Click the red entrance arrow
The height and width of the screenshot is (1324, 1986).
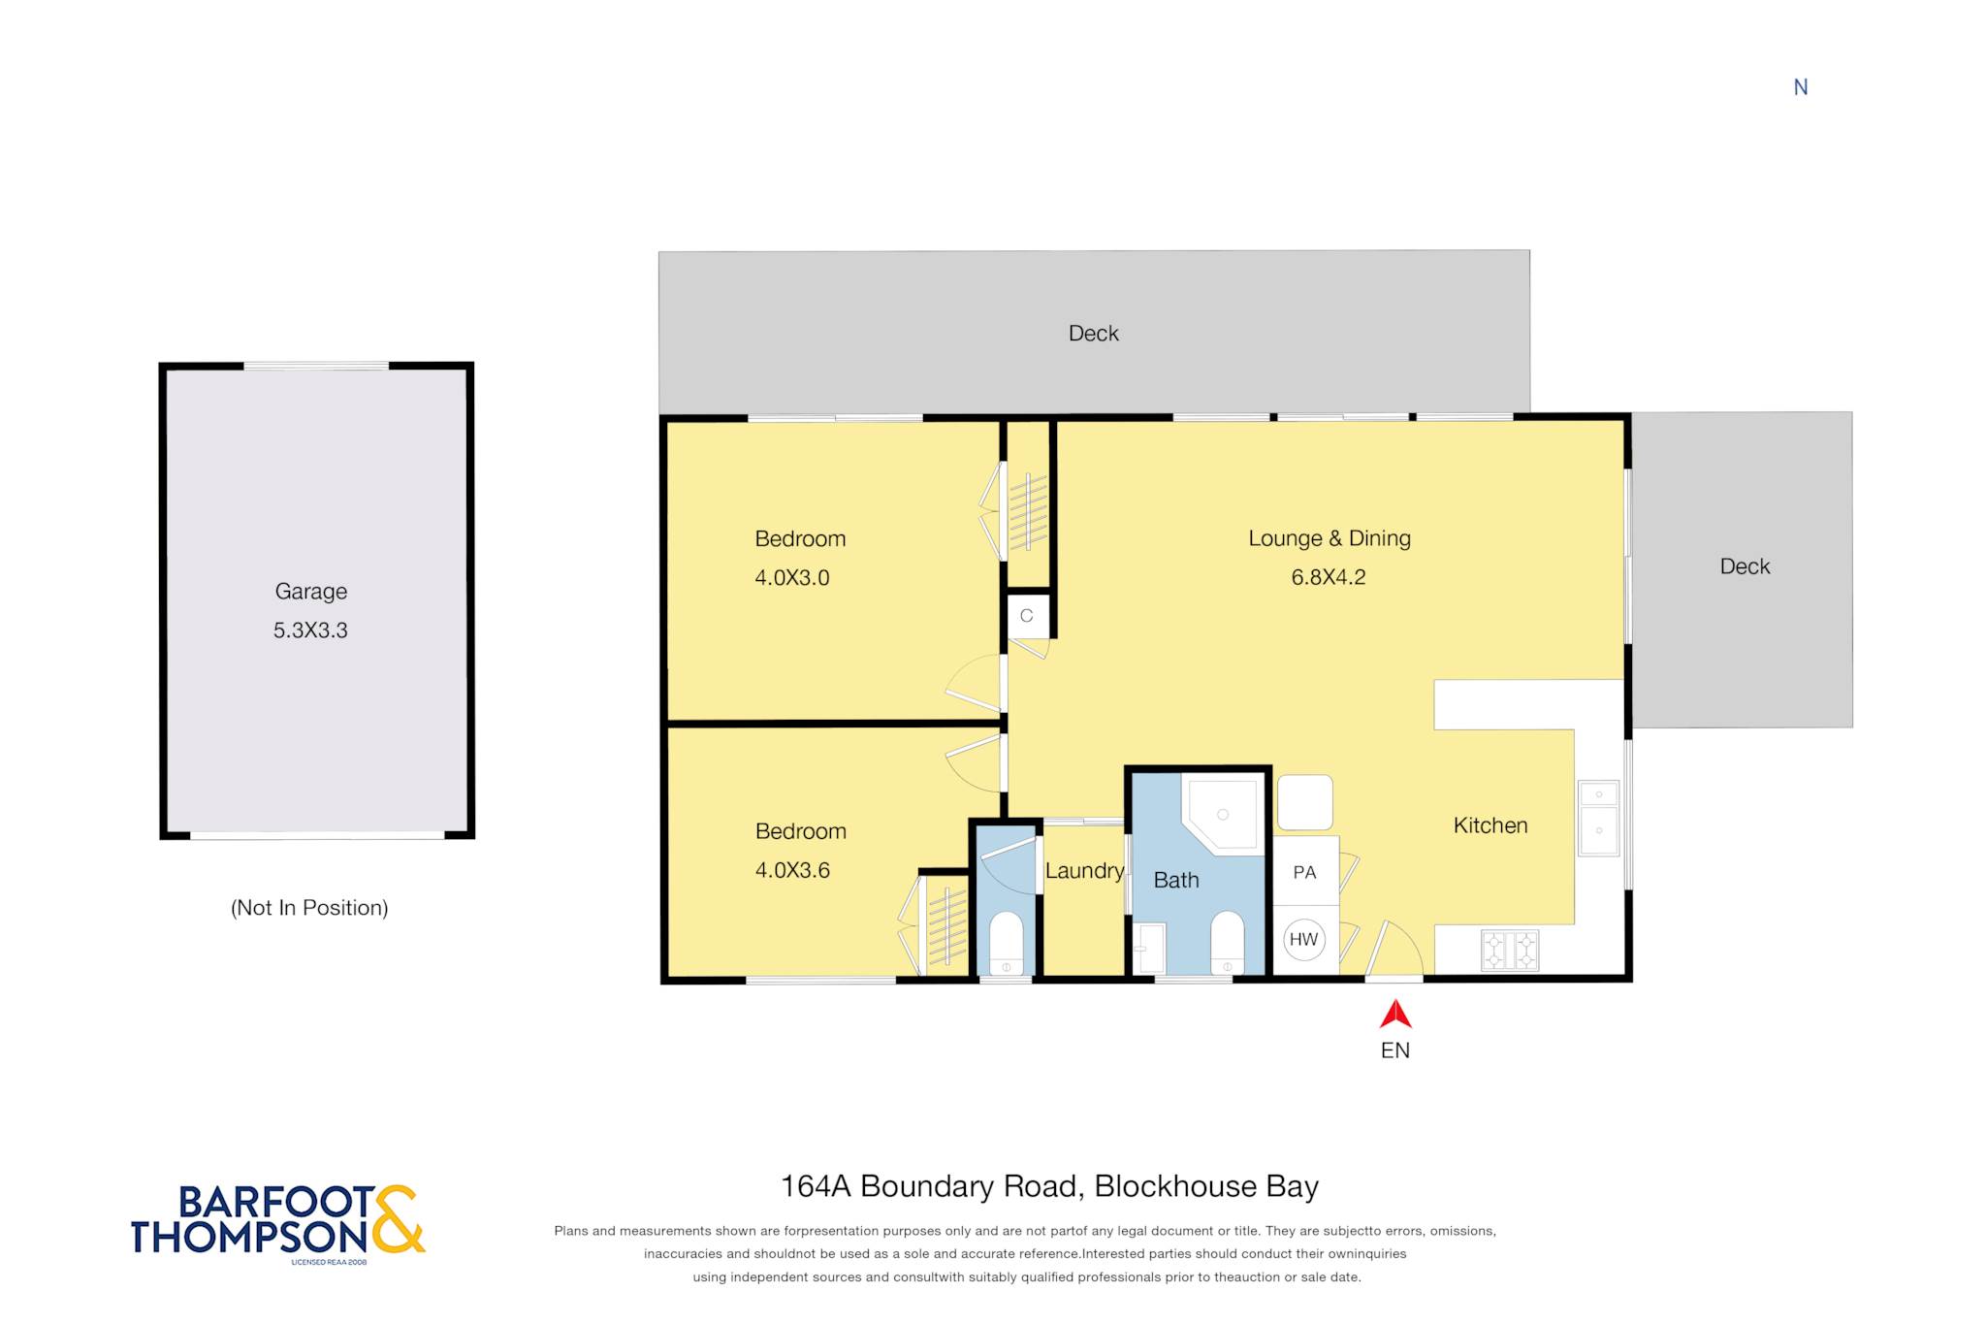click(1395, 1015)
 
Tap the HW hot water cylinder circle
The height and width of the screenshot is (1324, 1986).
click(1304, 939)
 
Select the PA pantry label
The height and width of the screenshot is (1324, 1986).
click(1305, 872)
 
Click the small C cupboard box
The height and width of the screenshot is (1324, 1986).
click(1027, 615)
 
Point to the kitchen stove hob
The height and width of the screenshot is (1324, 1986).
click(1510, 951)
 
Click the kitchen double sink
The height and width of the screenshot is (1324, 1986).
click(1599, 818)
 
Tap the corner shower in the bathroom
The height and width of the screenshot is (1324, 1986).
click(1223, 814)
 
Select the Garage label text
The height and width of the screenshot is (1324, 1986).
click(311, 592)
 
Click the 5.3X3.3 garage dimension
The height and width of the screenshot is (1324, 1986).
click(310, 630)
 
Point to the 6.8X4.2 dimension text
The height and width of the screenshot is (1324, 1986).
click(1329, 577)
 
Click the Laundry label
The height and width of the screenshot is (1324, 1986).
click(1084, 871)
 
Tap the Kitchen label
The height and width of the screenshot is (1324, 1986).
click(1490, 825)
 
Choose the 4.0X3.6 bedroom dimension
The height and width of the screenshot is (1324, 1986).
click(792, 870)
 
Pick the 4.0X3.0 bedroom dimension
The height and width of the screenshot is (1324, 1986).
click(792, 578)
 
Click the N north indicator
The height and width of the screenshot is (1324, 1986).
click(1801, 87)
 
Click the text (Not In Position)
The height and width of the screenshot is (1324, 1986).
click(309, 908)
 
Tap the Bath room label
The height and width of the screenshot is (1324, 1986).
click(1176, 880)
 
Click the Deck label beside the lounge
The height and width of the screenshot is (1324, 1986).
click(1745, 566)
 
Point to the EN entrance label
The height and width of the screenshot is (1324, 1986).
click(1395, 1050)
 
